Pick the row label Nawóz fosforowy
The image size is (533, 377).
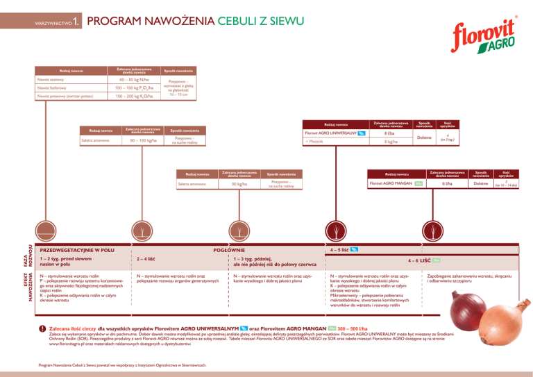[x=56, y=89]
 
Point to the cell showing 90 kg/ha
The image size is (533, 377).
[x=238, y=184]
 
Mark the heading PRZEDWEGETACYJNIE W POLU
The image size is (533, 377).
[x=77, y=249]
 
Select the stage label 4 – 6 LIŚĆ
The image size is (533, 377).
[x=430, y=260]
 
